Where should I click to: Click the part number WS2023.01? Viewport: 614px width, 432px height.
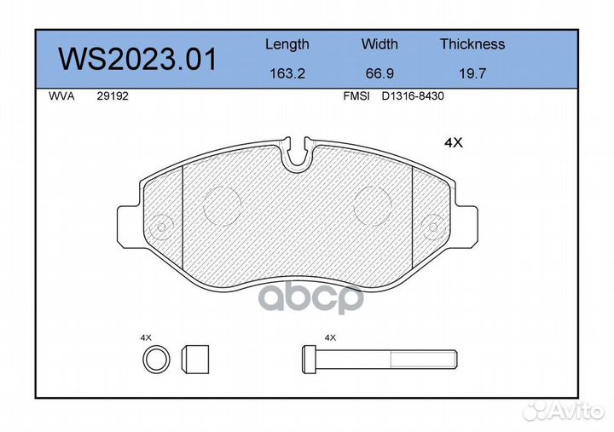137,59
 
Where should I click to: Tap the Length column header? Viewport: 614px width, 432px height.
287,44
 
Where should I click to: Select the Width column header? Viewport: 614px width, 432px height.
379,43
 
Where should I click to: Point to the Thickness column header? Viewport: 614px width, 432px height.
472,43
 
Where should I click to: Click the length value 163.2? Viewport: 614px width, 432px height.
287,73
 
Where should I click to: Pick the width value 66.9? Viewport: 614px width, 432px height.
379,73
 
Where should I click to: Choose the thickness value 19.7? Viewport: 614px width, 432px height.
472,73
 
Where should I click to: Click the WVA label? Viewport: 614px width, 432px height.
61,96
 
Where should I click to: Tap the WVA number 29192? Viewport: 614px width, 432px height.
113,96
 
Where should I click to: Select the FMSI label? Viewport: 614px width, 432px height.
356,96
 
